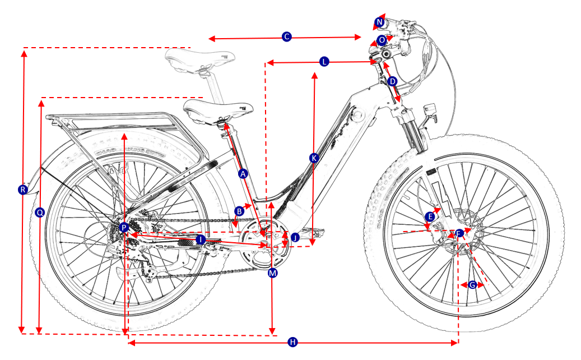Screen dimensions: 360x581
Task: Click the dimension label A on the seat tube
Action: [243, 174]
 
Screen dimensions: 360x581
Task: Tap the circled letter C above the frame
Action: [286, 37]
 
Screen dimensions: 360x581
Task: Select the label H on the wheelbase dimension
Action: [292, 342]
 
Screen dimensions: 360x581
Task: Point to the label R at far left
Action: [22, 190]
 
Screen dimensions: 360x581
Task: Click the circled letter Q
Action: [39, 213]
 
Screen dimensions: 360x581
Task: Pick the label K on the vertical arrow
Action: [314, 158]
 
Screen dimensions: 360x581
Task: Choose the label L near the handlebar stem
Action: [324, 62]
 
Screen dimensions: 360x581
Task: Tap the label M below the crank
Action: [273, 273]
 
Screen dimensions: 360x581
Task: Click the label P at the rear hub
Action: [124, 227]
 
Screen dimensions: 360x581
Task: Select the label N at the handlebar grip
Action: [380, 22]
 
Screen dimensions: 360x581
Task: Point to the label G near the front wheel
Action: [472, 285]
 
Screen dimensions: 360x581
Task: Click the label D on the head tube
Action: [393, 82]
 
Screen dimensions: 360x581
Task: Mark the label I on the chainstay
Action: [199, 239]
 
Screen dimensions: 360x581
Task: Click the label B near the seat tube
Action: [239, 211]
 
